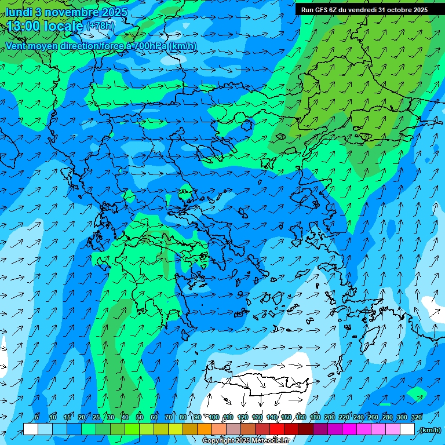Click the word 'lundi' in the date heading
pyautogui.click(x=18, y=12)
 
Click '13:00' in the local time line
pyautogui.click(x=24, y=27)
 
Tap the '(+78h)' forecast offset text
pyautogui.click(x=100, y=26)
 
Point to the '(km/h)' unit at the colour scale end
pyautogui.click(x=429, y=430)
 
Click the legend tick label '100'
pyautogui.click(x=214, y=418)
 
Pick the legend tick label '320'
pyautogui.click(x=416, y=418)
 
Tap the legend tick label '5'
pyautogui.click(x=37, y=418)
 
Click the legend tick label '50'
pyautogui.click(x=140, y=418)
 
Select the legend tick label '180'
pyautogui.click(x=315, y=418)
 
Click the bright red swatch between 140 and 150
pyautogui.click(x=277, y=429)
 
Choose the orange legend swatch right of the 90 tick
pyautogui.click(x=205, y=429)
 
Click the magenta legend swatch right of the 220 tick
pyautogui.click(x=349, y=429)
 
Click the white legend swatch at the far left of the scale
pyautogui.click(x=30, y=429)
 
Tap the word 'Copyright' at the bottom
pyautogui.click(x=218, y=441)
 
